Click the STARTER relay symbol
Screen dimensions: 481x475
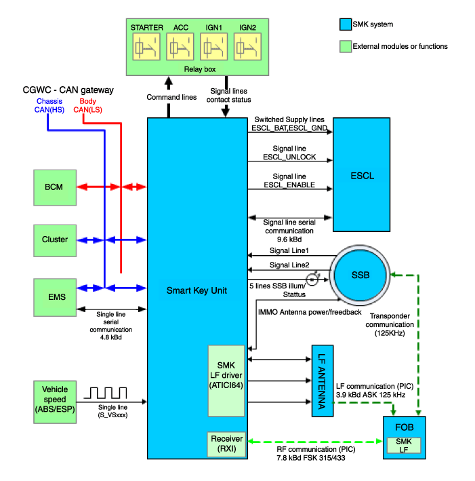[x=146, y=47]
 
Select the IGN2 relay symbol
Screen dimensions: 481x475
[x=246, y=47]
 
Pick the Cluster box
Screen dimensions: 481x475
[x=55, y=239]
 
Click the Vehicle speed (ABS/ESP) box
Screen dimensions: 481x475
[x=55, y=399]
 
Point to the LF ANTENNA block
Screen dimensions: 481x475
[x=322, y=380]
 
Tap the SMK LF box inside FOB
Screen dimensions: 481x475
[x=403, y=446]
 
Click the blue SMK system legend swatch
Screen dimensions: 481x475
[x=345, y=25]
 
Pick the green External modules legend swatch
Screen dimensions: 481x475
[x=345, y=47]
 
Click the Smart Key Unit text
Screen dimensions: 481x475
[x=197, y=290]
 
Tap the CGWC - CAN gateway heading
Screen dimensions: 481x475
[x=68, y=90]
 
